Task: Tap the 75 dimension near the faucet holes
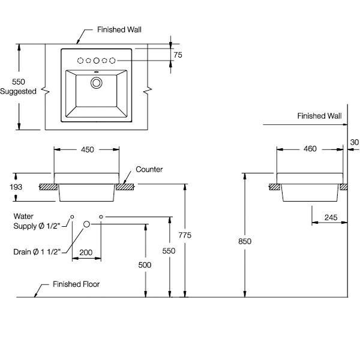[178, 55]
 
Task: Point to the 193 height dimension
[16, 188]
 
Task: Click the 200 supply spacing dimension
[86, 254]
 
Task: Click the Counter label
[149, 170]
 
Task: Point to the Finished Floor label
[76, 284]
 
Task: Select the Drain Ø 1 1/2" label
[37, 251]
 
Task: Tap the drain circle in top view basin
[96, 82]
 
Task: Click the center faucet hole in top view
[96, 60]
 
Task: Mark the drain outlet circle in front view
[86, 224]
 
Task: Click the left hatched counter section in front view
[48, 187]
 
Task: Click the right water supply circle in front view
[101, 216]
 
